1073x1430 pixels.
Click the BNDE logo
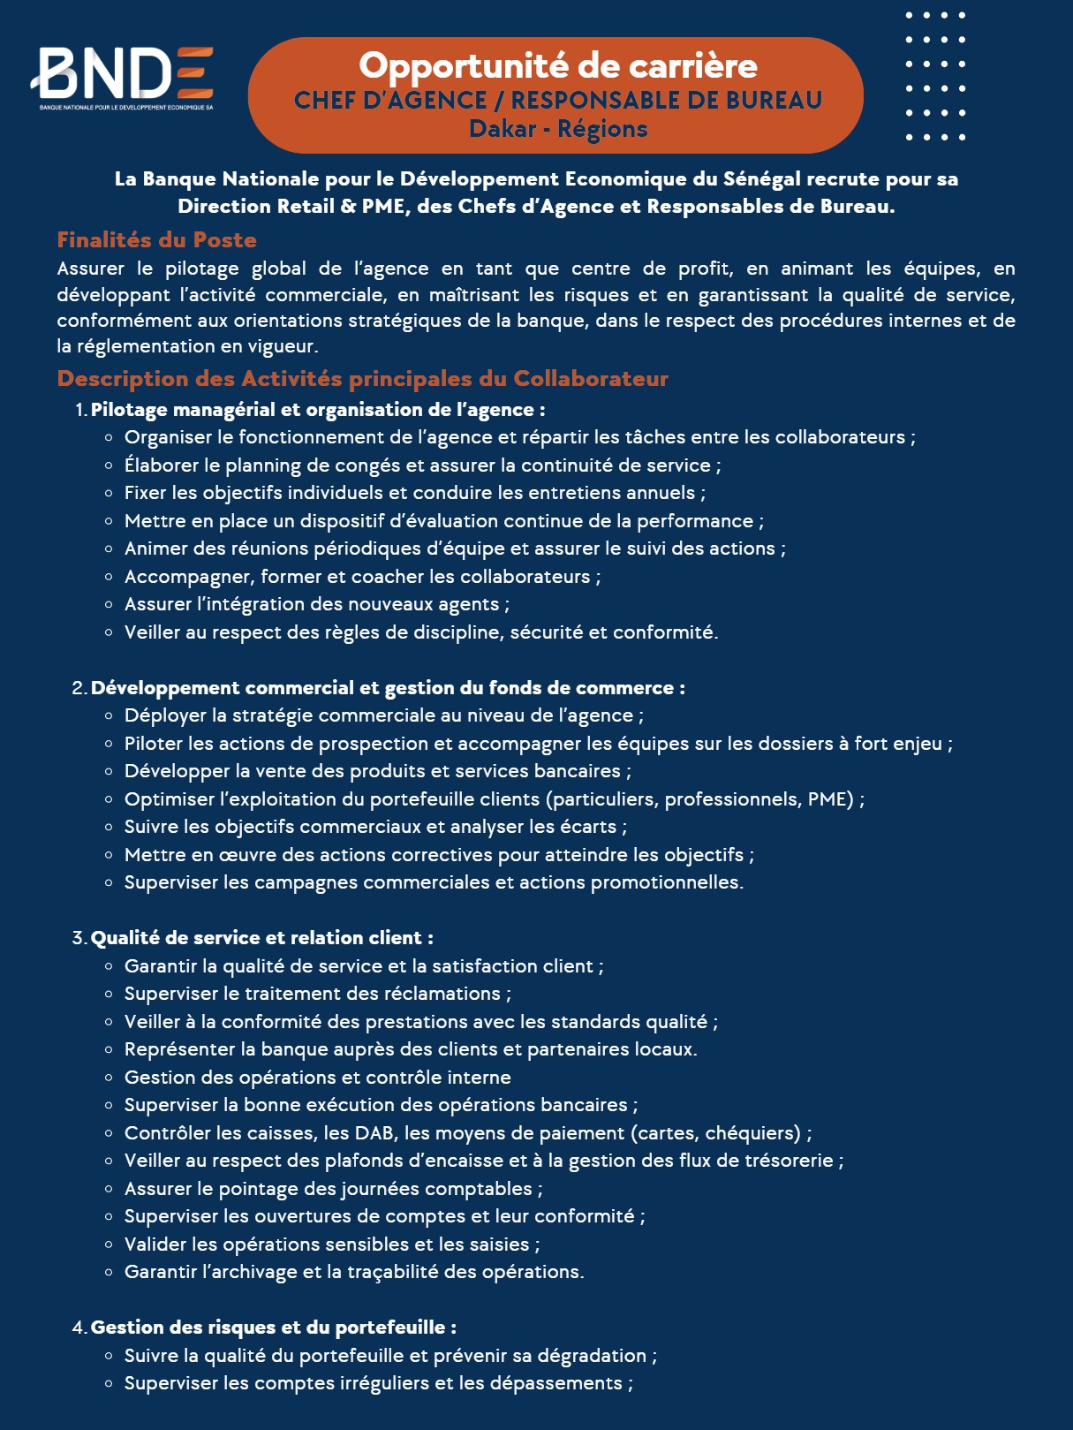coord(124,74)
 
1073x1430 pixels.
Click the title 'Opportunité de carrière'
coord(557,65)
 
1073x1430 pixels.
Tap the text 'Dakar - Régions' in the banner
coord(558,129)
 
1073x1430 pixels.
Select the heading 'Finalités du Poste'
coord(156,240)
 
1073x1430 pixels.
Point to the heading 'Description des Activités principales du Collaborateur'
coord(362,379)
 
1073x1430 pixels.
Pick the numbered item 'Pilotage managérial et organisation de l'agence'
coord(317,410)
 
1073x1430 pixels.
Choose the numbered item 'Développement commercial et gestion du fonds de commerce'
coord(387,688)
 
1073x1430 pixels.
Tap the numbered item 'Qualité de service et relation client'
coord(261,938)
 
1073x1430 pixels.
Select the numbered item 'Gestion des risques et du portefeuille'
coord(273,1328)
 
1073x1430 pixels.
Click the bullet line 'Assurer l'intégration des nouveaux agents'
coord(316,604)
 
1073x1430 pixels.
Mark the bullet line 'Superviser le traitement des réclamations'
coord(317,994)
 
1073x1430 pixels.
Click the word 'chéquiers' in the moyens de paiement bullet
coord(752,1133)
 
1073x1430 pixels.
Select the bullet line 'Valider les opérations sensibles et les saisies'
coord(331,1245)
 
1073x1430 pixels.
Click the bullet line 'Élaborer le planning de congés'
coord(422,465)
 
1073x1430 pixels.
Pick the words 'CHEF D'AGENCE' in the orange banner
coord(390,101)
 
